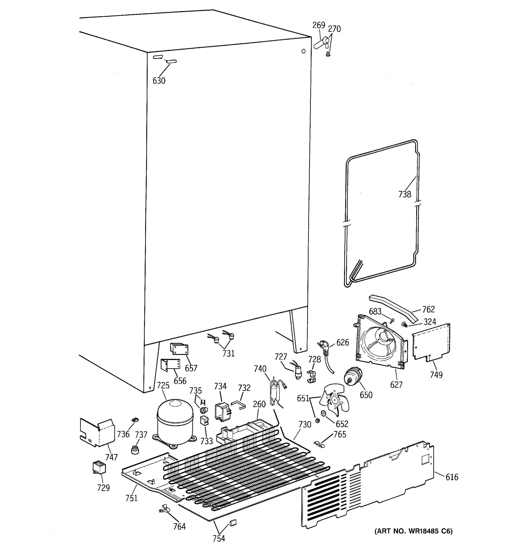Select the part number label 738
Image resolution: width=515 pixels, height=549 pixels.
click(404, 194)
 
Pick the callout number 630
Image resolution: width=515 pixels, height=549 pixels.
click(159, 81)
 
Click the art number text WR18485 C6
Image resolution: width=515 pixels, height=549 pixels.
click(413, 531)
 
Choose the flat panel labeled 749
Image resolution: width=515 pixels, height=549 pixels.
click(431, 342)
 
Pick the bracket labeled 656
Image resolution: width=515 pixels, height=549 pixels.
click(171, 365)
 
